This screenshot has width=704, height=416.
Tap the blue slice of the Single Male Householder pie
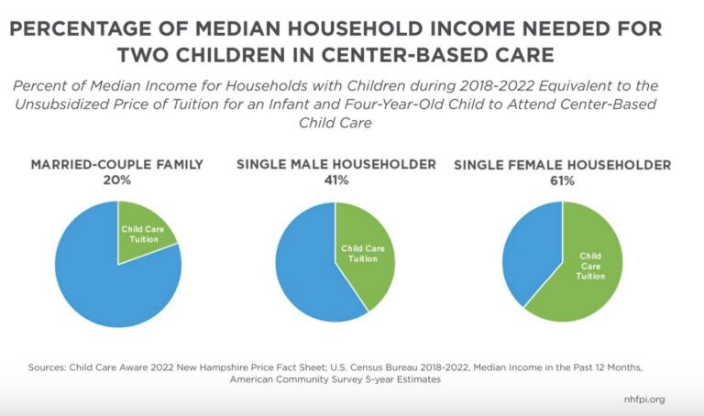(x=307, y=266)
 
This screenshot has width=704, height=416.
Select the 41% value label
(x=335, y=181)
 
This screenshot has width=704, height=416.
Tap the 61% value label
(x=562, y=181)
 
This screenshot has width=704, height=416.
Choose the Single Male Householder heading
(x=335, y=165)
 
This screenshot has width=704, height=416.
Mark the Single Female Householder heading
(x=562, y=166)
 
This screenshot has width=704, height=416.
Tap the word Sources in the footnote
(x=50, y=367)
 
